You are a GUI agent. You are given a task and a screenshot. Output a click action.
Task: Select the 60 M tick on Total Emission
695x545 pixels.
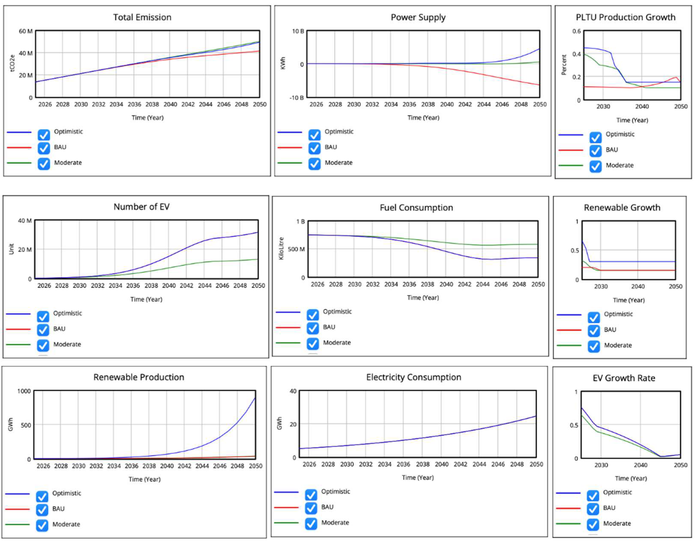point(26,31)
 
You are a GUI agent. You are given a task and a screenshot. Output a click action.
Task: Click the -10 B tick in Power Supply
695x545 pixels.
point(296,98)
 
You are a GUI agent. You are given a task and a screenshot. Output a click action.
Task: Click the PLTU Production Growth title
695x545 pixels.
point(625,17)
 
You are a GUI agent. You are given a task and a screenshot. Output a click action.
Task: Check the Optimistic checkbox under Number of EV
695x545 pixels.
point(43,317)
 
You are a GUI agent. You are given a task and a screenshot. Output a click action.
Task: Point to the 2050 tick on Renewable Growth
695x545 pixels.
point(675,286)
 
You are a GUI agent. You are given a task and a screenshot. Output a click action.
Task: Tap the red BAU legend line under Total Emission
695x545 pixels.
point(19,148)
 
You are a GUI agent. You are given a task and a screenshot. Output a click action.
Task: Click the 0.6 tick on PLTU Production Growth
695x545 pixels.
point(576,31)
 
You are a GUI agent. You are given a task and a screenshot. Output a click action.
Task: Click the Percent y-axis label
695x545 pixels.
point(564,65)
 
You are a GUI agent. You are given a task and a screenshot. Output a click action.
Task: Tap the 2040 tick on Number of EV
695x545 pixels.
point(168,286)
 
